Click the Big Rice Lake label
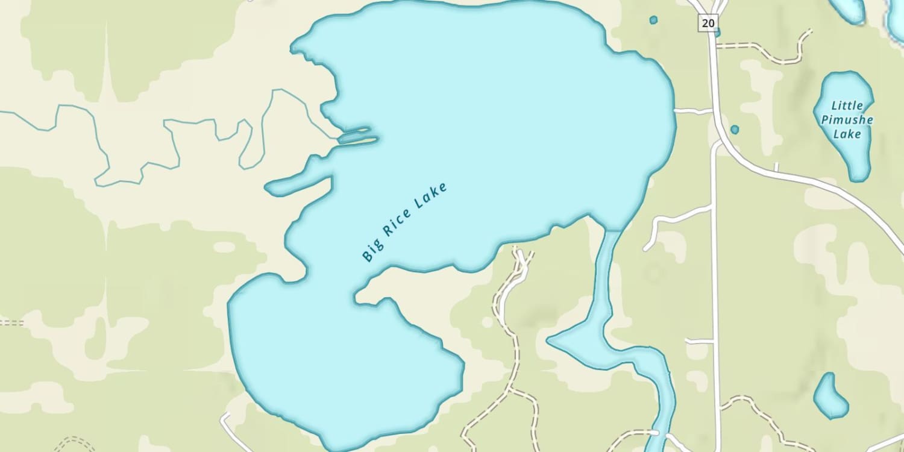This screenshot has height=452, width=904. tap(405, 222)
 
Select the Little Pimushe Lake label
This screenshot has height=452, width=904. tap(847, 120)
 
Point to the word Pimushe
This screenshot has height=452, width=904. tap(847, 120)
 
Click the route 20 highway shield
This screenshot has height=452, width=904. tap(708, 23)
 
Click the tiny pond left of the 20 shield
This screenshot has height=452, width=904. tap(653, 20)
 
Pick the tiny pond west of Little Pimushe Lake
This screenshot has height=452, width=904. tap(735, 129)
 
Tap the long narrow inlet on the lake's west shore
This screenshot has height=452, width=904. tap(298, 185)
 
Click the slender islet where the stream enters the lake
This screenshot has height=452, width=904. tap(358, 139)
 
